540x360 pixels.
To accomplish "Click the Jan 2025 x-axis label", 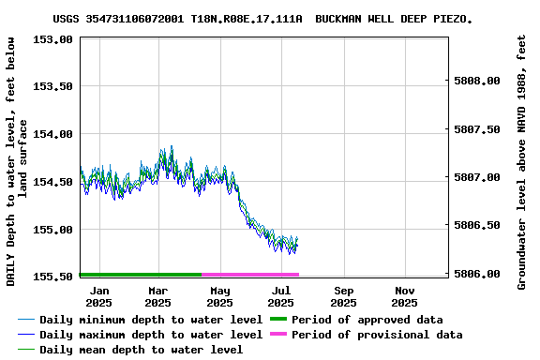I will pos(98,296).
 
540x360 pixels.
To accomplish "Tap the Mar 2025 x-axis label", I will pos(157,296).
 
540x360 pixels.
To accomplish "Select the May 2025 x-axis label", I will pos(219,296).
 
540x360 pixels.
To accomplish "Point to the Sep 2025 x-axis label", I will pos(343,296).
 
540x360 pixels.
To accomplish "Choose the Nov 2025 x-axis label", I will pos(404,296).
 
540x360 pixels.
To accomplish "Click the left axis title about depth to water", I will pos(19,160).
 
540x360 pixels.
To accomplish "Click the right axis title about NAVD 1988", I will pos(522,161).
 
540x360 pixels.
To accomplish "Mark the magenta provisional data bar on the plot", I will pos(250,275).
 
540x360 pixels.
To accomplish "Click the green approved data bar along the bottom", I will pos(141,275).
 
